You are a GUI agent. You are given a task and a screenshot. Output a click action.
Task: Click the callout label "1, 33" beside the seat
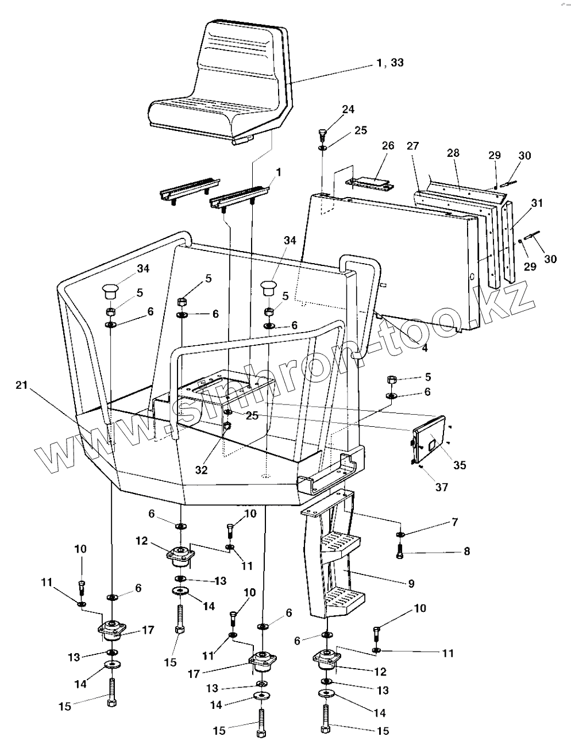[390, 63]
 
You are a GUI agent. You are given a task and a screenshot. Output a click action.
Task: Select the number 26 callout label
[388, 145]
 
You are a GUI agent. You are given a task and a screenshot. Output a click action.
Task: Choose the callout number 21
[22, 385]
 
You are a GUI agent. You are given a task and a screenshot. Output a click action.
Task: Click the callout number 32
[202, 470]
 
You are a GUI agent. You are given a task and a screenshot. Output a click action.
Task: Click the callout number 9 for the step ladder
[411, 584]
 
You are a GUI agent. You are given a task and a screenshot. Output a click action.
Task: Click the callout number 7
[454, 522]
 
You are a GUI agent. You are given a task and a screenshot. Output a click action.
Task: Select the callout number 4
[425, 348]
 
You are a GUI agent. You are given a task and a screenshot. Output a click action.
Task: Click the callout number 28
[453, 153]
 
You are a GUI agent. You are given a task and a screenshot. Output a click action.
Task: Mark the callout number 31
[537, 203]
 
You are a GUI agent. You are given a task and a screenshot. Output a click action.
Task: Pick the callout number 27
[413, 146]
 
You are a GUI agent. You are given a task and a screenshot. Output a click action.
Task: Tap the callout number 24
[348, 109]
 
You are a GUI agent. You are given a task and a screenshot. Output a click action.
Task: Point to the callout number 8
[467, 552]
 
